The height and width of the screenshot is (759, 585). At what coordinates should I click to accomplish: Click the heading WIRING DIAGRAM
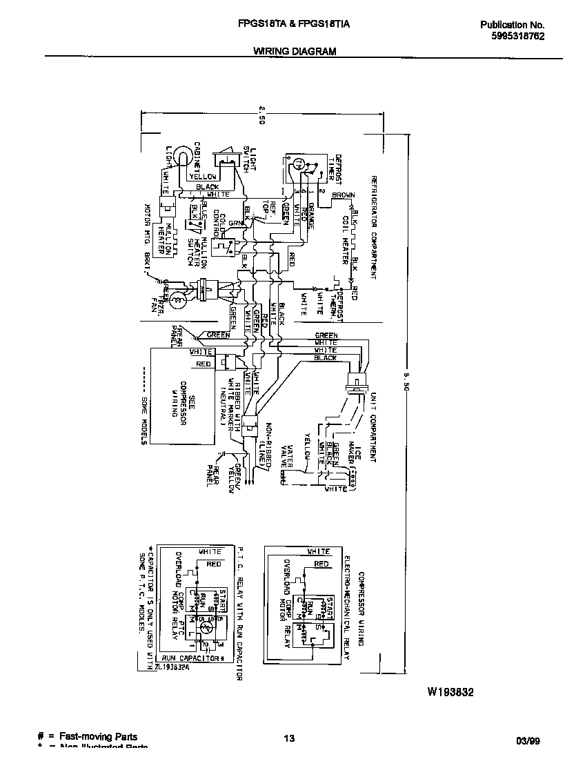(x=295, y=51)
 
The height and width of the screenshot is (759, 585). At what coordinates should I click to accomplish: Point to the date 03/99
(x=528, y=740)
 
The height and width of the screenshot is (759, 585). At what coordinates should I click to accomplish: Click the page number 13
(x=289, y=739)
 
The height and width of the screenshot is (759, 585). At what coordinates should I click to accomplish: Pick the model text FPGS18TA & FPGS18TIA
(x=294, y=24)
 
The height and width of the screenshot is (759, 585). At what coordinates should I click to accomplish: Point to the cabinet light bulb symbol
(x=181, y=157)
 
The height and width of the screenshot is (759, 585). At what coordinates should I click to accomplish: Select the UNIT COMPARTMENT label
(x=373, y=428)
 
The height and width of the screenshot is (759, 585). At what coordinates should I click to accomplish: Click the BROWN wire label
(x=344, y=195)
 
